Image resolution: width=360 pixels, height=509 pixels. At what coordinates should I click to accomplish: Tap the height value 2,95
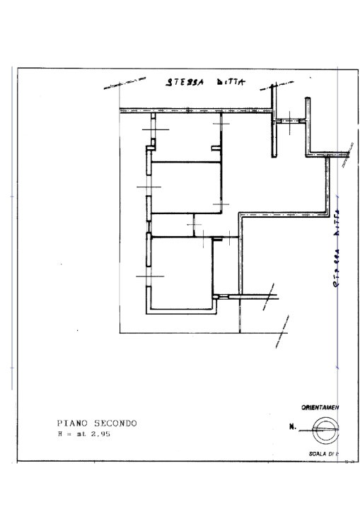[100, 434]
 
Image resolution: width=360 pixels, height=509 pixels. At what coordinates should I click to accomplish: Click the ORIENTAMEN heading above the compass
[320, 407]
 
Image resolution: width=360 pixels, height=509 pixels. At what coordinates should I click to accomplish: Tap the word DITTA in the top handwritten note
[228, 82]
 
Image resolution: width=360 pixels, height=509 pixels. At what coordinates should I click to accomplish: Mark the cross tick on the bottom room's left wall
[149, 276]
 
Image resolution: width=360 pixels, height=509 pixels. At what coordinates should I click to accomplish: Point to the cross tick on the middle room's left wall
[148, 187]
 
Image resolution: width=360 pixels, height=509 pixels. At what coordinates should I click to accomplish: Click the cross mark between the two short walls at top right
[289, 122]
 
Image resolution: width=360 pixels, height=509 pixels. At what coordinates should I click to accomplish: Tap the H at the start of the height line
[59, 434]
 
